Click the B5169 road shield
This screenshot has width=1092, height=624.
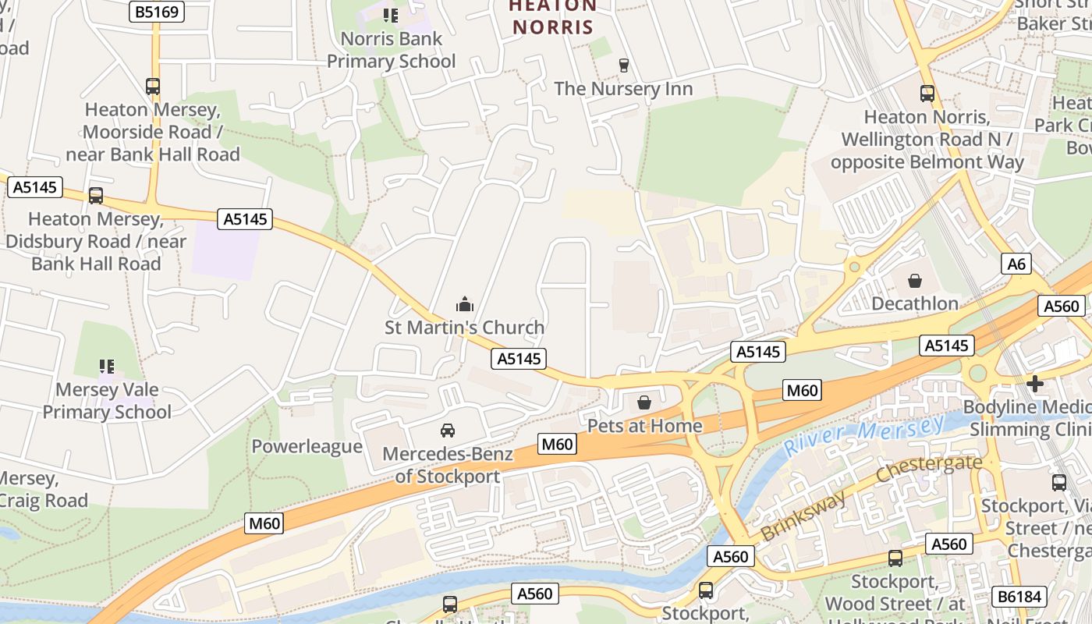click(157, 12)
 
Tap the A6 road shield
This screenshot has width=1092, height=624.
click(1016, 264)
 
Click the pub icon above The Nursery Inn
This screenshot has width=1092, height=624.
click(623, 65)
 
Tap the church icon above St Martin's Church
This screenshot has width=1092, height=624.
click(465, 303)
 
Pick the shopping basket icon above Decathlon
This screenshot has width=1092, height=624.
click(915, 280)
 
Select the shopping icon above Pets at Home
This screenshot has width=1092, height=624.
click(644, 402)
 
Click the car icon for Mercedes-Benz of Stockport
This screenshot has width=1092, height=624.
click(448, 431)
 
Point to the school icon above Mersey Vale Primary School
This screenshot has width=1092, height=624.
click(107, 366)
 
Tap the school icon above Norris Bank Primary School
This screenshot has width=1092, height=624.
click(391, 15)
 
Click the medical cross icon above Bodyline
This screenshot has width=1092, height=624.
click(1035, 383)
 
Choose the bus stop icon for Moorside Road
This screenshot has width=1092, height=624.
click(153, 87)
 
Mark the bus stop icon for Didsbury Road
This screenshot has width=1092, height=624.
click(96, 196)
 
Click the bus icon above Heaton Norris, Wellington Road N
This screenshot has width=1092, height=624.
click(927, 94)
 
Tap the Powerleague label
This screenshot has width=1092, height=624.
click(307, 446)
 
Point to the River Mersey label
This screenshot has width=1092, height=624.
click(863, 435)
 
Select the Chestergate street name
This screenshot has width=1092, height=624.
click(928, 468)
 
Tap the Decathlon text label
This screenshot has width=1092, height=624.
click(915, 303)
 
